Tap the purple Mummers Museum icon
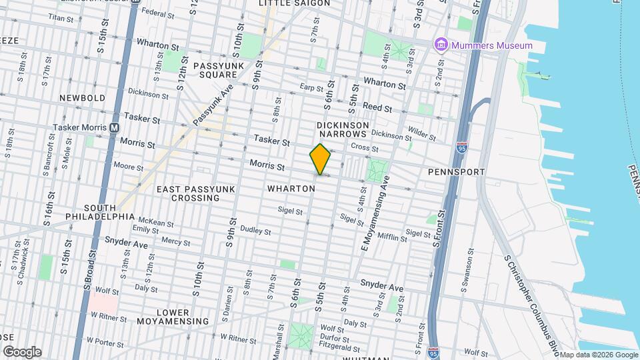click(441, 45)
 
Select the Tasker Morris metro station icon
click(114, 127)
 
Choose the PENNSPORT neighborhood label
click(456, 172)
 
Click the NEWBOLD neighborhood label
click(82, 98)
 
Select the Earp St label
click(311, 87)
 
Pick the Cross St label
click(364, 147)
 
